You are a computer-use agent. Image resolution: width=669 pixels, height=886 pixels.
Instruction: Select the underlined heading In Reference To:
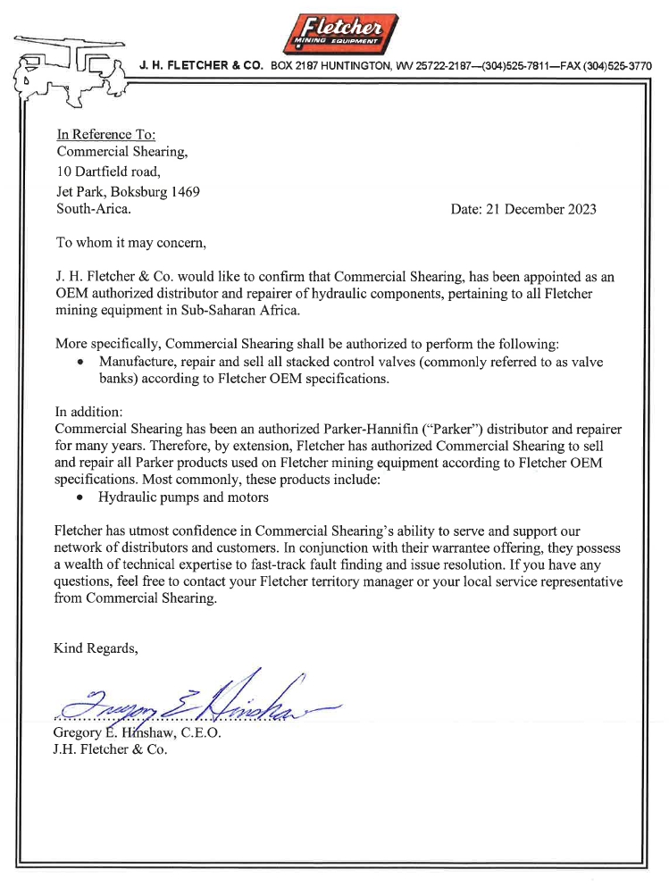point(106,134)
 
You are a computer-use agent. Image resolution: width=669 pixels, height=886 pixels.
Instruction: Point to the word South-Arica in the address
point(93,209)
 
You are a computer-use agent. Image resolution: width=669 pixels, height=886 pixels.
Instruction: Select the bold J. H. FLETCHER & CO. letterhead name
point(201,66)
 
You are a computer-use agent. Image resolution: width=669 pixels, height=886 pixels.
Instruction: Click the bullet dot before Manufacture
point(81,362)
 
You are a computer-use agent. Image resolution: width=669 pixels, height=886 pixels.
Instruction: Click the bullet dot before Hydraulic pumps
point(81,497)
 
